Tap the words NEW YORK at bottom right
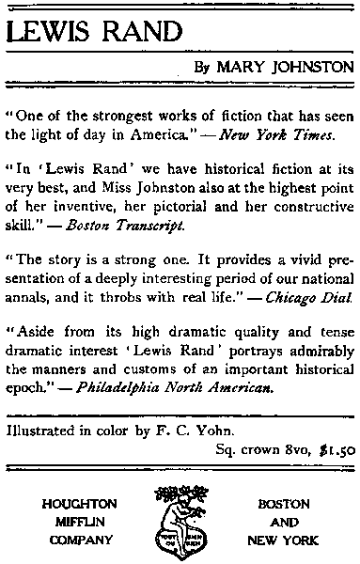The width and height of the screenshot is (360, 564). coord(282,540)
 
